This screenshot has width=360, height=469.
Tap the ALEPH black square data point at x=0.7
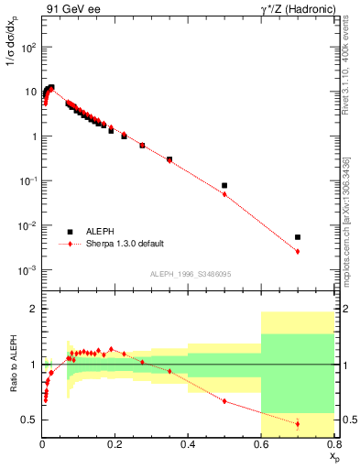coord(298,237)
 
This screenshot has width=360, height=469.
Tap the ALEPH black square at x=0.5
coord(224,185)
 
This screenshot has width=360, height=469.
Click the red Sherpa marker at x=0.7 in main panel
coord(298,251)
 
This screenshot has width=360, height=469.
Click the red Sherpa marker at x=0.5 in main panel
coord(224,194)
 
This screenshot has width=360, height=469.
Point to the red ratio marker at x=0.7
coord(298,423)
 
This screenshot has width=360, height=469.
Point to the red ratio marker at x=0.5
coord(224,400)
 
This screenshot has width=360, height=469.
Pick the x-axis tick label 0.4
coord(188,446)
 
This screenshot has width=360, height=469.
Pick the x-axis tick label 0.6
coord(261,446)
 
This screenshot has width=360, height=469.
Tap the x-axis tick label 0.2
coord(115,446)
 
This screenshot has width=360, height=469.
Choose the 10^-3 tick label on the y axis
coord(27,270)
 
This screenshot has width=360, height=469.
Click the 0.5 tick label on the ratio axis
coord(29,420)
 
